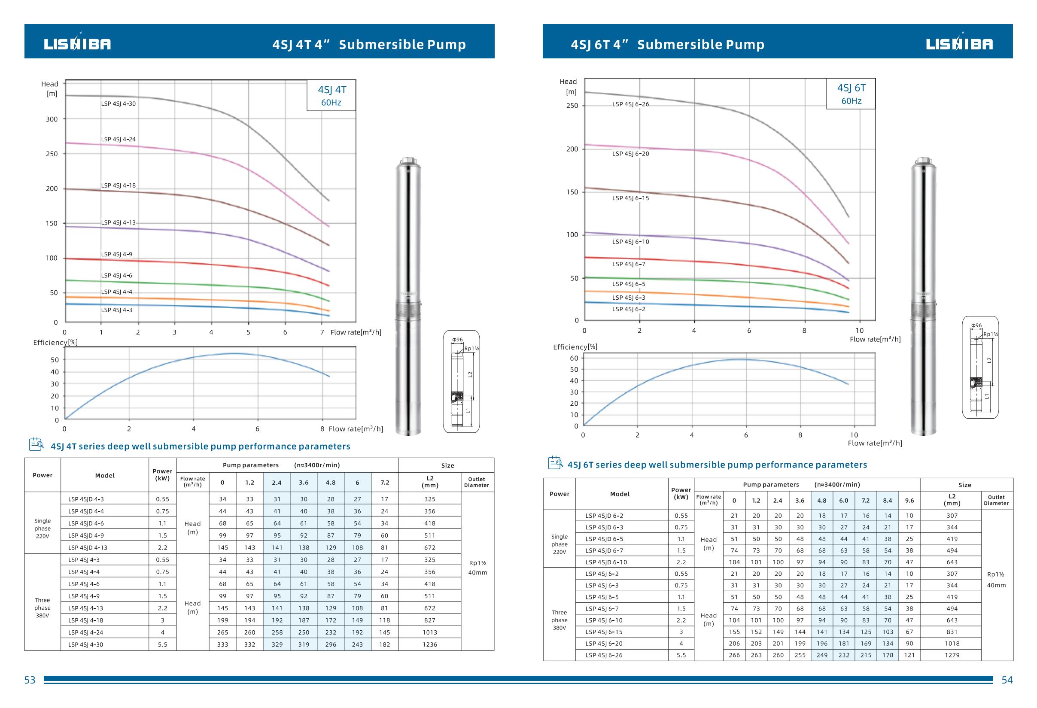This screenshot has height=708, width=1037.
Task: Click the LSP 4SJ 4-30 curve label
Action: pyautogui.click(x=118, y=104)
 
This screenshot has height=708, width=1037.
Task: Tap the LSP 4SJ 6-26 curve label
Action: pyautogui.click(x=630, y=104)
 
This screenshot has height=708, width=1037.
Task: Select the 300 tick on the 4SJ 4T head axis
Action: pyautogui.click(x=52, y=119)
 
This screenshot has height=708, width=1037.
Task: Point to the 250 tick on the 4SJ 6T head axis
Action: pyautogui.click(x=572, y=106)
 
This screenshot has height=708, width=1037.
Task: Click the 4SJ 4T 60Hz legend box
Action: pyautogui.click(x=331, y=95)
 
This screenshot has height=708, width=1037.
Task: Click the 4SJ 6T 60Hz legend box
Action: pyautogui.click(x=851, y=94)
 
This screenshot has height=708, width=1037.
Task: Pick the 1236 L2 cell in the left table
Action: pyautogui.click(x=430, y=644)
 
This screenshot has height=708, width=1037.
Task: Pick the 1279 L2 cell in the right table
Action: pyautogui.click(x=952, y=655)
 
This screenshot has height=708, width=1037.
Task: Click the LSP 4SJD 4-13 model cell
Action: pyautogui.click(x=88, y=548)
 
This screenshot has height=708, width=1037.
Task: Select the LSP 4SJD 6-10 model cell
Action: pyautogui.click(x=606, y=562)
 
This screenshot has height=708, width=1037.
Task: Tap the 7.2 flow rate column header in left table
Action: pyautogui.click(x=385, y=483)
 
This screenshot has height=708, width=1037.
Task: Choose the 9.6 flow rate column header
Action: pyautogui.click(x=909, y=501)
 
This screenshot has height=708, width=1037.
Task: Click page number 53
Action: pyautogui.click(x=30, y=680)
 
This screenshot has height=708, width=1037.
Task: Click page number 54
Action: pyautogui.click(x=1007, y=680)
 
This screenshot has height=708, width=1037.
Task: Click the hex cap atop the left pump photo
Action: pyautogui.click(x=408, y=161)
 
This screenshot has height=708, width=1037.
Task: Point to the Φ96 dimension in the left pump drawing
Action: pyautogui.click(x=457, y=340)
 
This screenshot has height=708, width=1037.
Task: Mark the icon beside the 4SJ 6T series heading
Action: pyautogui.click(x=555, y=463)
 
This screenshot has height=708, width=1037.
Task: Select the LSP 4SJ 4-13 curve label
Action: pyautogui.click(x=118, y=222)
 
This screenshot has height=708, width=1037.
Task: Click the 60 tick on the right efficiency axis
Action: pyautogui.click(x=574, y=358)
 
